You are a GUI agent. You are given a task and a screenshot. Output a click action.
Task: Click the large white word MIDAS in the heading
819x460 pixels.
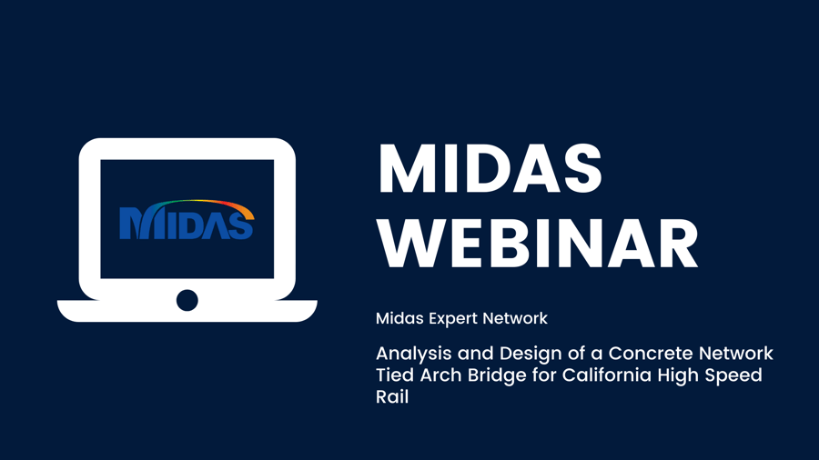pyautogui.click(x=490, y=168)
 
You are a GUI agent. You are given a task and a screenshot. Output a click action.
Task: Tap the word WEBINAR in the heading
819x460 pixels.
pyautogui.click(x=538, y=244)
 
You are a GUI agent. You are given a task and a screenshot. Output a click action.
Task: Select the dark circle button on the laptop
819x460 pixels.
pyautogui.click(x=187, y=300)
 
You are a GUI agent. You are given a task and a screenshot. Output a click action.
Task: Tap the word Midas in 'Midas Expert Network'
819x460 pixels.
pyautogui.click(x=399, y=318)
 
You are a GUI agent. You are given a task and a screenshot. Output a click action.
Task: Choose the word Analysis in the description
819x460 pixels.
pyautogui.click(x=414, y=355)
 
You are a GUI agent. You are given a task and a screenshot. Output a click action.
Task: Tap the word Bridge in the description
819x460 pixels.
pyautogui.click(x=497, y=376)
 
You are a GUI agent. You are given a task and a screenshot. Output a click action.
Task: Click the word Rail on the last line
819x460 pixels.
pyautogui.click(x=392, y=397)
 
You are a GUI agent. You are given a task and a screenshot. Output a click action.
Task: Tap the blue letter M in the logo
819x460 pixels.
pyautogui.click(x=133, y=224)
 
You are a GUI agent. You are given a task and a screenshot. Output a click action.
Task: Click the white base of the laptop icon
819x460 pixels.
pyautogui.click(x=187, y=311)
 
